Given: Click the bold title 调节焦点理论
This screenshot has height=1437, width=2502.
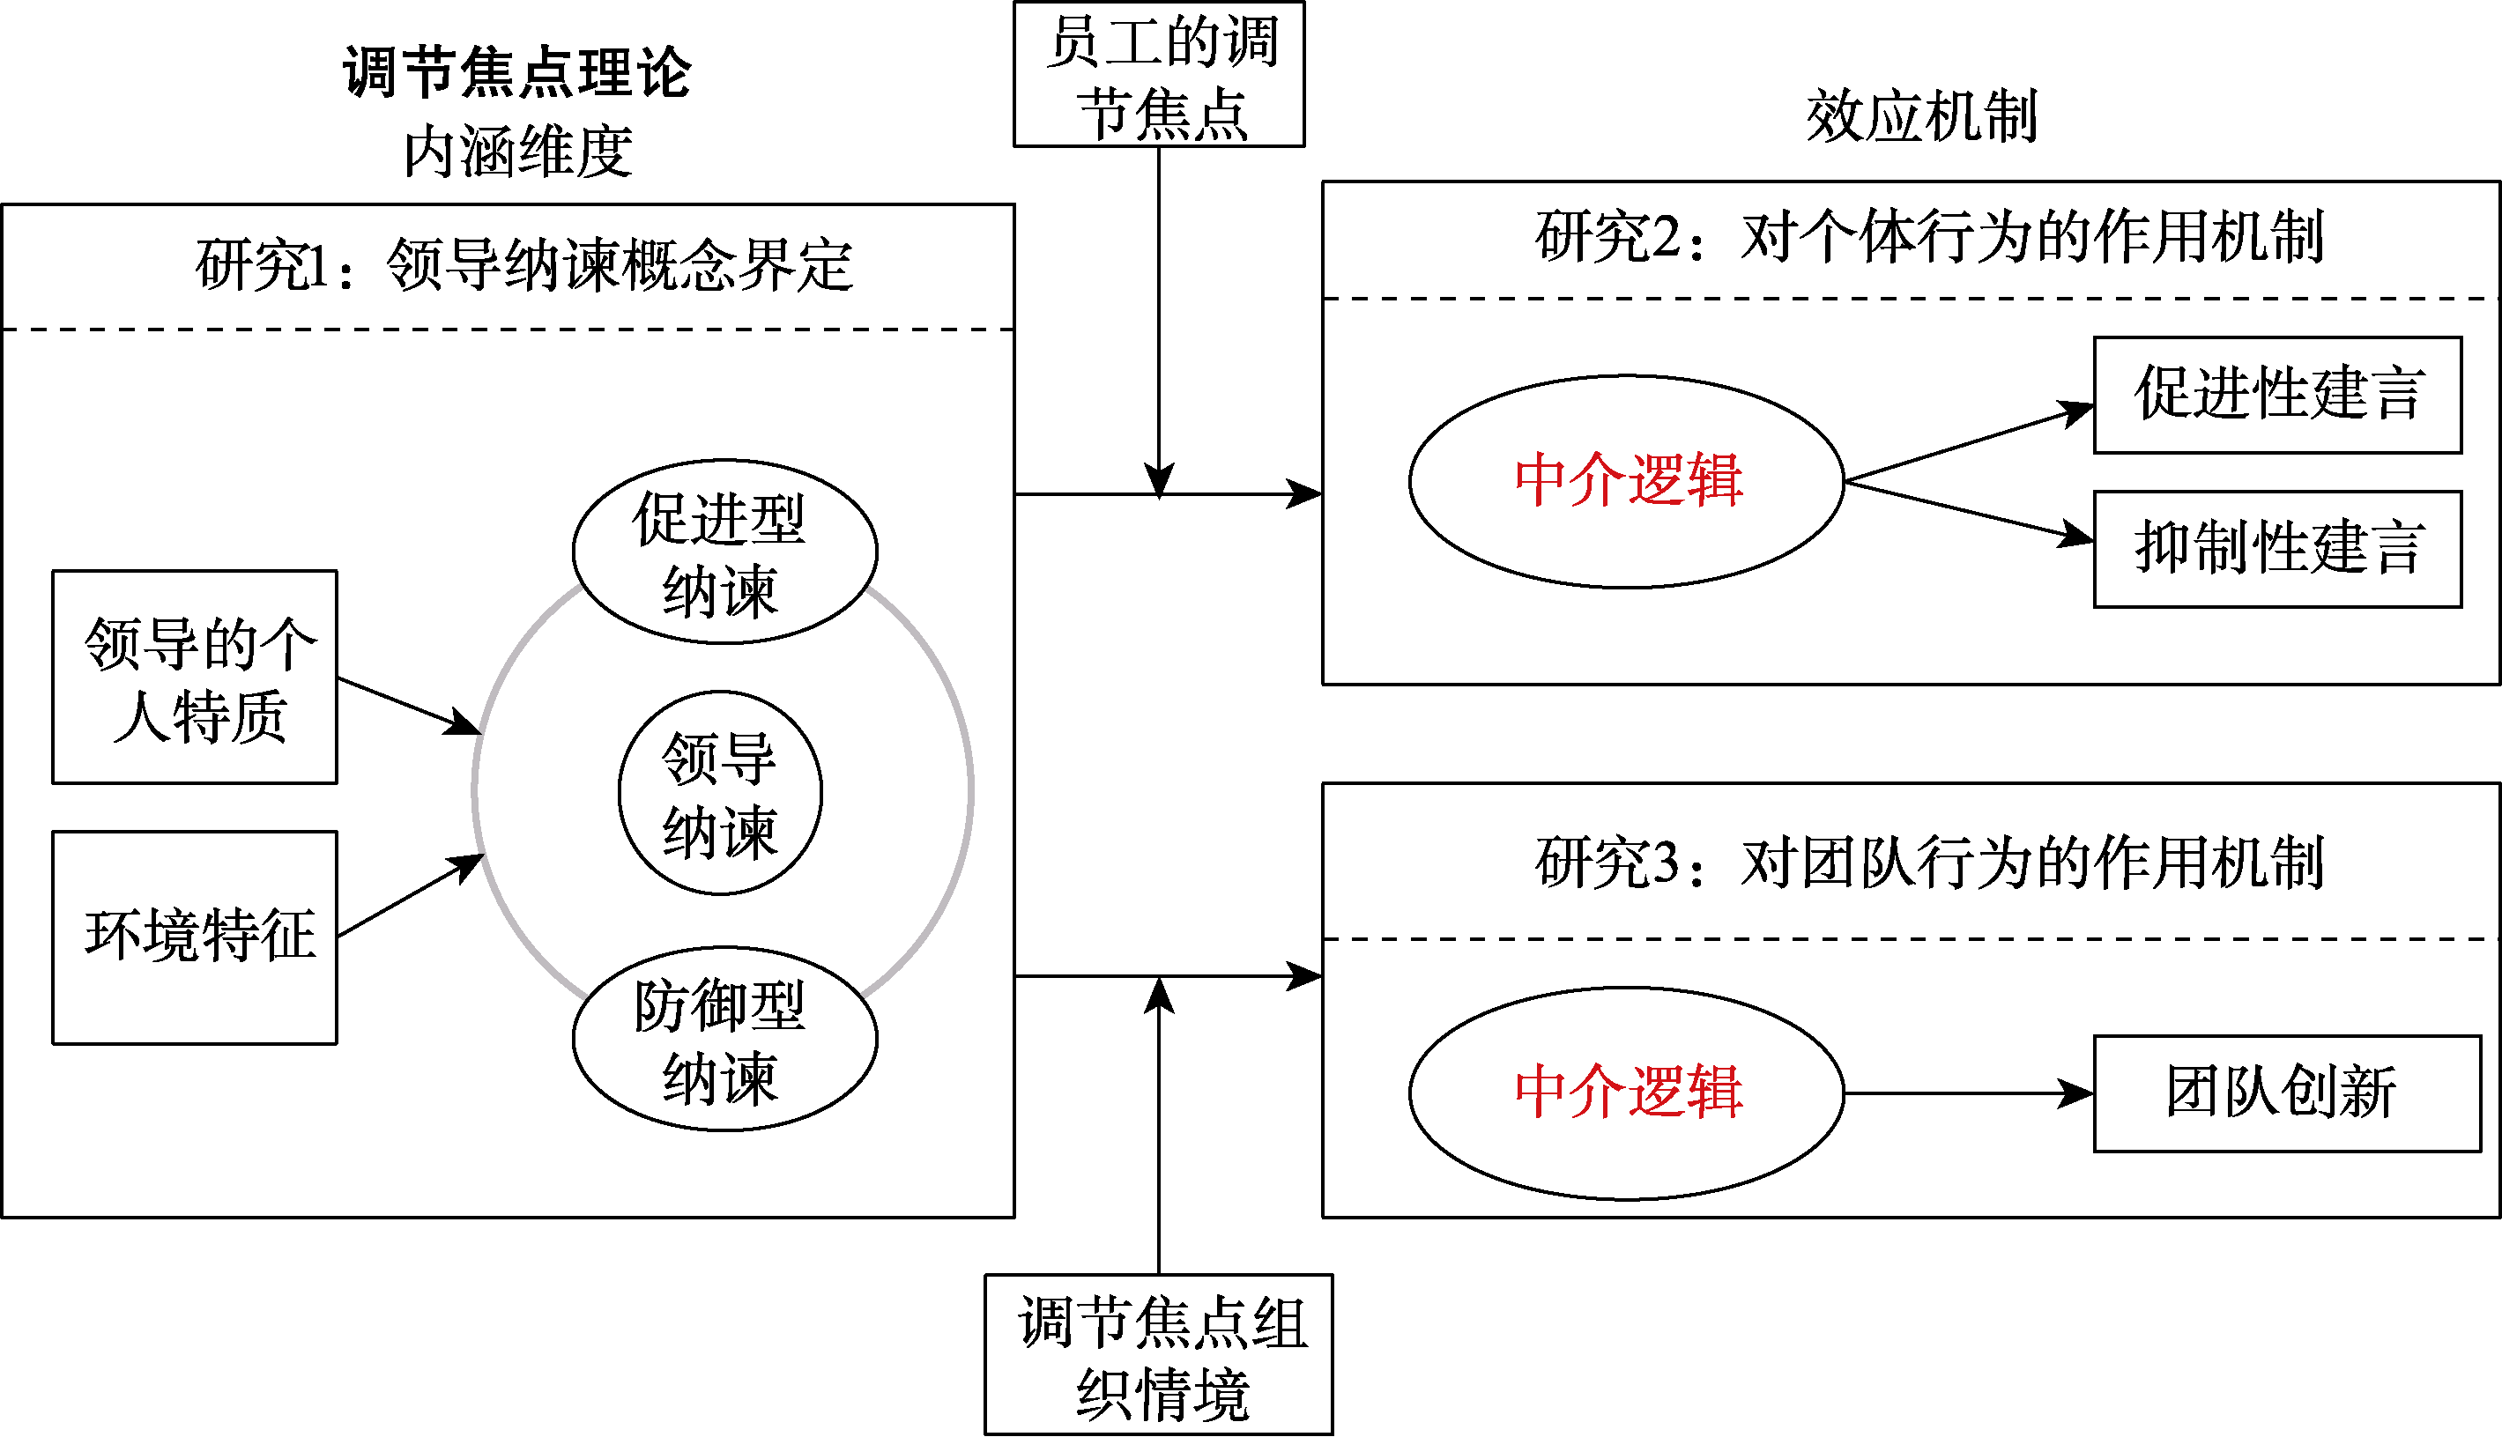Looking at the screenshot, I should (516, 73).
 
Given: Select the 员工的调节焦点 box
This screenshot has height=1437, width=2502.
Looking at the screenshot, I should (1159, 75).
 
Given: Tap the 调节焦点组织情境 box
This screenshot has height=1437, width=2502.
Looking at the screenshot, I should (1159, 1354).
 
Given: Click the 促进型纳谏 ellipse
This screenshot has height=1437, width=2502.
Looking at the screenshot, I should (724, 552).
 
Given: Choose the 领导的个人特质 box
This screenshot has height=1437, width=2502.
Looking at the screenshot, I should (195, 677).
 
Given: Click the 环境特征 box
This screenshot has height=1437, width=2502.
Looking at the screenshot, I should (195, 937).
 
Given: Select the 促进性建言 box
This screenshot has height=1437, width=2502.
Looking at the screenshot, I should (2277, 395).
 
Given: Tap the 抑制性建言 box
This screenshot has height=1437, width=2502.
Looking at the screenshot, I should (2277, 549).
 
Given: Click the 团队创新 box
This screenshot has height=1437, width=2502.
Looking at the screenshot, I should (2287, 1093).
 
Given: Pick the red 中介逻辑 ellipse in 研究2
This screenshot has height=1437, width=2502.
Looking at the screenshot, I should (1626, 482).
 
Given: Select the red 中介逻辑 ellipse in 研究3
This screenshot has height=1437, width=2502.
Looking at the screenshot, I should (1626, 1093).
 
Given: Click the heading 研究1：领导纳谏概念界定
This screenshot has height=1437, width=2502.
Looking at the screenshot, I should (523, 265).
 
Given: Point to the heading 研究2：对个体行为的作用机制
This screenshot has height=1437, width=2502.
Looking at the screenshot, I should (1928, 238).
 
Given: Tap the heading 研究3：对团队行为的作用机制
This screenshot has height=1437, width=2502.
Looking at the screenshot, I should (1928, 863).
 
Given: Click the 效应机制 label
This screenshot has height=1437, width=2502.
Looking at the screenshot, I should (1920, 116).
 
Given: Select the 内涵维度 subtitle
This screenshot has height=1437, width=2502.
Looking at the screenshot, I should (517, 152).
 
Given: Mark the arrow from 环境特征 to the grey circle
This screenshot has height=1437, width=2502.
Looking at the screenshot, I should (411, 895).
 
